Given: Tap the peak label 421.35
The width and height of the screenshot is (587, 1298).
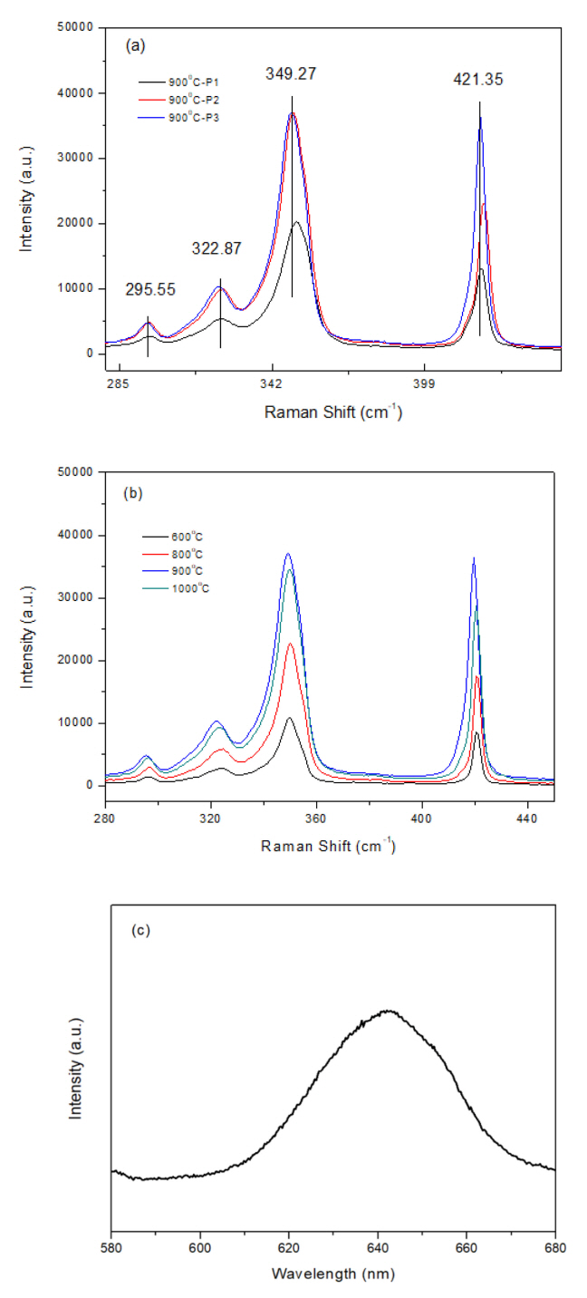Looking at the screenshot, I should (x=478, y=80).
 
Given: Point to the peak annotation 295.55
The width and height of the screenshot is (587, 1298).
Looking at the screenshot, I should (x=150, y=290).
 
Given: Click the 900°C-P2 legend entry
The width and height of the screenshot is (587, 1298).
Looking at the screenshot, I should (x=185, y=104).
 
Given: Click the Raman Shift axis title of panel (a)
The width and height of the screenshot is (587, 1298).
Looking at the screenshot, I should (x=332, y=412).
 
